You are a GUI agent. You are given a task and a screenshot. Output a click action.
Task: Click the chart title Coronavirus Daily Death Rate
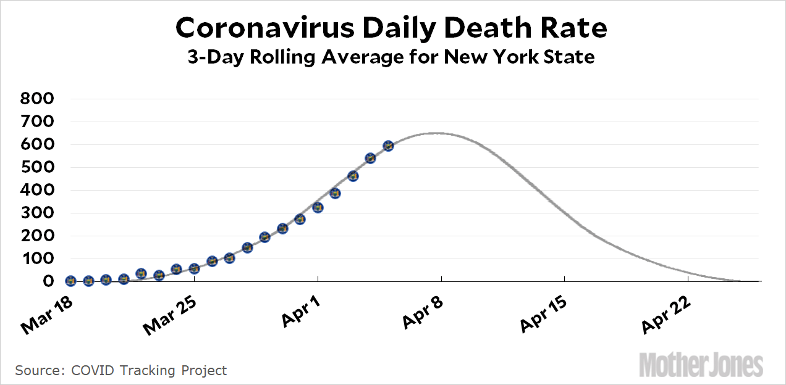pos(392,28)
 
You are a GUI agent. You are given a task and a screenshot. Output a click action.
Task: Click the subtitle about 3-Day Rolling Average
pos(392,57)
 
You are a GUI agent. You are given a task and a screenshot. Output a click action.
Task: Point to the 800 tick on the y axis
pos(38,99)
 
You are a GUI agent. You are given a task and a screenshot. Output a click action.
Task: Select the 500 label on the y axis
pos(38,167)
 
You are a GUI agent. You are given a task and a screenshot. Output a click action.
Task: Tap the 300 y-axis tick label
pos(38,213)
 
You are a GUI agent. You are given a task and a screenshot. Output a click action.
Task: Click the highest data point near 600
pos(388,146)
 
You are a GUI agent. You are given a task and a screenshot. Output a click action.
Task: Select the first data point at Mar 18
pos(70,281)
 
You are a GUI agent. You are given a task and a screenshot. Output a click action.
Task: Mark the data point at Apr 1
pos(318,207)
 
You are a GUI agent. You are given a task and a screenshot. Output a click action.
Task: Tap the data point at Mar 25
pos(194,268)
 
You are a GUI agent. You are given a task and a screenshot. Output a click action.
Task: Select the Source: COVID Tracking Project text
pos(121,370)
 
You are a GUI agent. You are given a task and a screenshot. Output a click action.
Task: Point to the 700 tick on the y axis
pos(38,122)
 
